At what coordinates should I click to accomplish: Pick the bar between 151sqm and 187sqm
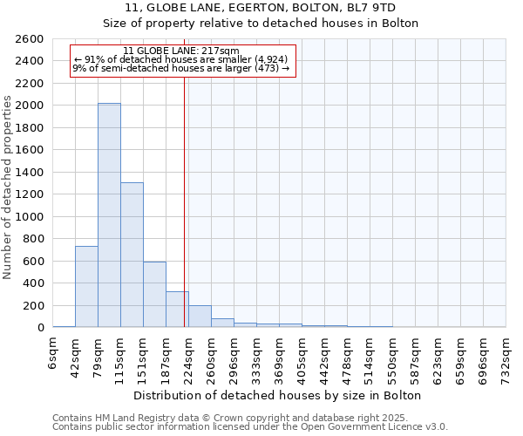[154, 294]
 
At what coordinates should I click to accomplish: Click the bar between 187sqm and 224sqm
[177, 309]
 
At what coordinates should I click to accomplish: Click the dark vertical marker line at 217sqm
[185, 201]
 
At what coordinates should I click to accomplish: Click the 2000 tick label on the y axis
[30, 106]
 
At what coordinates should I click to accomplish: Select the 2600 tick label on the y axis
[30, 39]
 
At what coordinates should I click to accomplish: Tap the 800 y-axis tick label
[33, 239]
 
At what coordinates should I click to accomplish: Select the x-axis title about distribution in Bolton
[278, 395]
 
